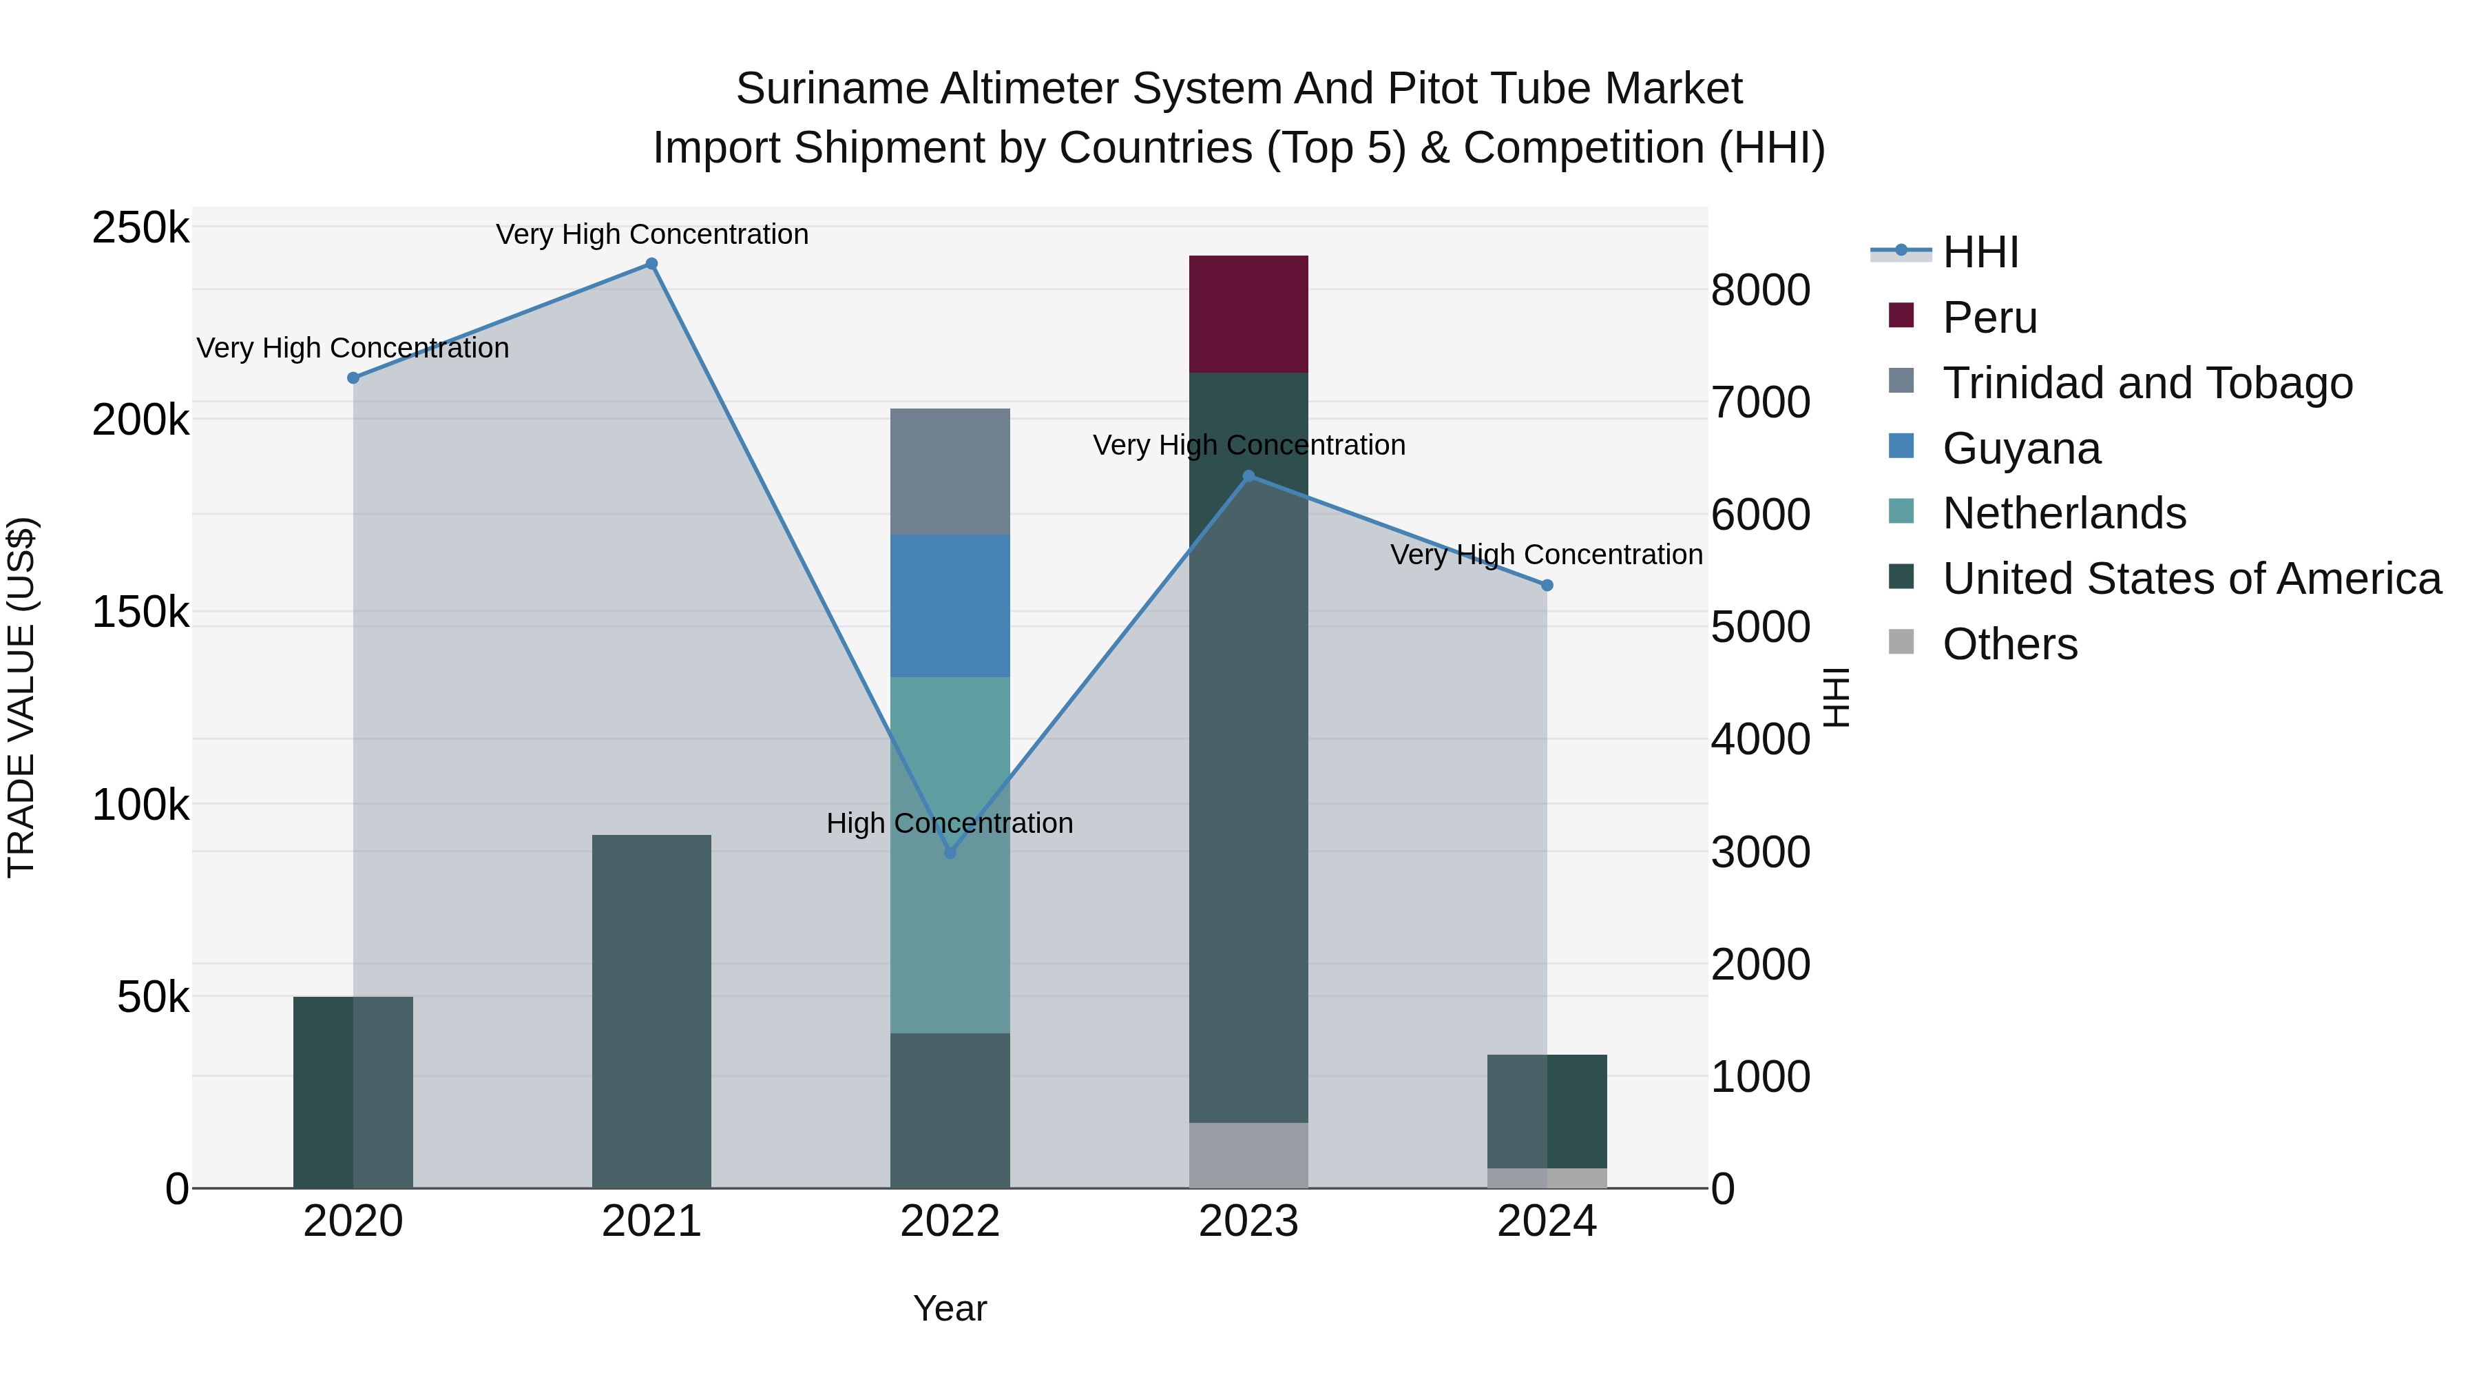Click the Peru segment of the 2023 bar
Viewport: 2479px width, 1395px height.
1248,314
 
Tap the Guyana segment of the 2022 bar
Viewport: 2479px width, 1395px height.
950,606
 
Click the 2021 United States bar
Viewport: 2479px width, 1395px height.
651,1011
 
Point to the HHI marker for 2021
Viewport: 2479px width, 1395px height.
651,264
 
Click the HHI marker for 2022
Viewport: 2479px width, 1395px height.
950,853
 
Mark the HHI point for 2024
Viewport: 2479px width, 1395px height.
1547,586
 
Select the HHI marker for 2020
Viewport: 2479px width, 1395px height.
353,378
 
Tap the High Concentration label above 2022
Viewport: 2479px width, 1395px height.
950,824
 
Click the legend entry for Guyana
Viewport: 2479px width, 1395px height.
2021,448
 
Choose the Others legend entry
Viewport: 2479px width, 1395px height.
2009,644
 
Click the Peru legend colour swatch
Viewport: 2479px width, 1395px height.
1901,316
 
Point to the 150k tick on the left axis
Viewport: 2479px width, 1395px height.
140,612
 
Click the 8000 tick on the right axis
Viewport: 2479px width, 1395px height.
1760,290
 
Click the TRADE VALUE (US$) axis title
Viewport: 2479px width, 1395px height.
21,697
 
